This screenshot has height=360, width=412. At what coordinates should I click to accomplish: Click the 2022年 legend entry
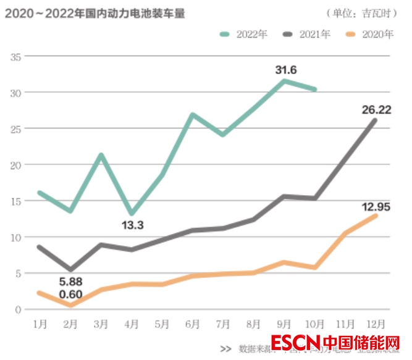click(x=244, y=34)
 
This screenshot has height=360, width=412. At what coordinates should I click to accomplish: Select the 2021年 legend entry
click(x=306, y=34)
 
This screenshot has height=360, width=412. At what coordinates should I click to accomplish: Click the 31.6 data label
click(x=286, y=70)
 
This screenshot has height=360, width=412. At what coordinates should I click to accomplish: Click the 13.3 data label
click(x=132, y=226)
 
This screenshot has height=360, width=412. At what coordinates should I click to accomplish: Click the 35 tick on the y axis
click(x=16, y=56)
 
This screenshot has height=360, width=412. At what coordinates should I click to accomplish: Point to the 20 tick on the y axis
click(x=16, y=165)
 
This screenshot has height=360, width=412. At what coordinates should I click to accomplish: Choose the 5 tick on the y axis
click(x=19, y=273)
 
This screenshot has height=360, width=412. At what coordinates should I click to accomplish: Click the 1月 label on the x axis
click(x=40, y=324)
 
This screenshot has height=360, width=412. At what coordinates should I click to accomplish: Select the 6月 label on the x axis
click(x=192, y=324)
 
